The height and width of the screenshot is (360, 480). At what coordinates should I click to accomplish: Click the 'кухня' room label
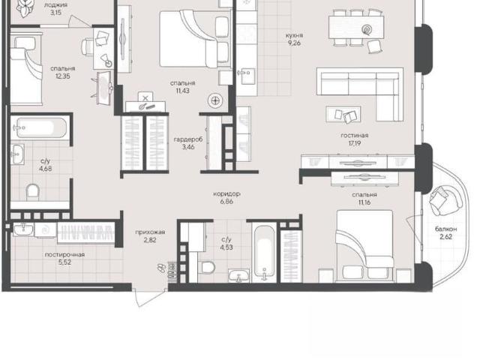[x=294, y=35]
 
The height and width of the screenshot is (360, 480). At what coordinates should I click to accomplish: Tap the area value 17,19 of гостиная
[x=354, y=143]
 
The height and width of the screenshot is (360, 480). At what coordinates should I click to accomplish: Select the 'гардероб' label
[x=188, y=139]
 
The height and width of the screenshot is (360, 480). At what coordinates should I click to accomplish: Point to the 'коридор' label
[x=226, y=193]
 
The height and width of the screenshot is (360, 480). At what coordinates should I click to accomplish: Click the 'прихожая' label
[x=150, y=232]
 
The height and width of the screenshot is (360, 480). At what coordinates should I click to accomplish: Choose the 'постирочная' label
[x=64, y=255]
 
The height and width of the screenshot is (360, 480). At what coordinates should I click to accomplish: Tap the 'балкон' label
[x=446, y=229]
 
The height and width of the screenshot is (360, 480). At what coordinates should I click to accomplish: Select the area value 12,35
[x=63, y=76]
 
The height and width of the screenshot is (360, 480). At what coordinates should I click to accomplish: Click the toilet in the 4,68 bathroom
[x=33, y=192]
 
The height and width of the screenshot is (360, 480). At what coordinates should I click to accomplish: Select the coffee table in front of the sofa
[x=343, y=115]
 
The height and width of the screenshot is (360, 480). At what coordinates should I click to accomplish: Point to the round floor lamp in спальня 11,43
[x=215, y=100]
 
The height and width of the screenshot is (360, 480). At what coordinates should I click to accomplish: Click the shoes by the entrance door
[x=161, y=268]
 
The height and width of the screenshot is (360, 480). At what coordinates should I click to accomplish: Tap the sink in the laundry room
[x=23, y=229]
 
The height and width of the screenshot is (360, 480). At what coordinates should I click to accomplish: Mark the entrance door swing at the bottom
[x=149, y=298]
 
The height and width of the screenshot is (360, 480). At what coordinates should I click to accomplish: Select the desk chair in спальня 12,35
[x=87, y=46]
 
